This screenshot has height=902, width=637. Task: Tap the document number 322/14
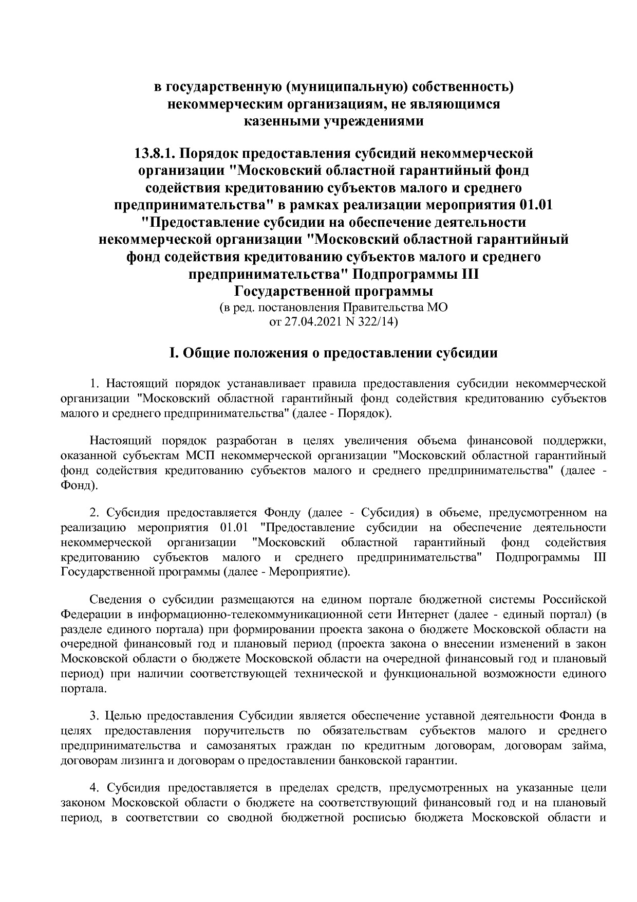tap(378, 322)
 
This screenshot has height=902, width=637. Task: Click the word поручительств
tap(244, 731)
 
